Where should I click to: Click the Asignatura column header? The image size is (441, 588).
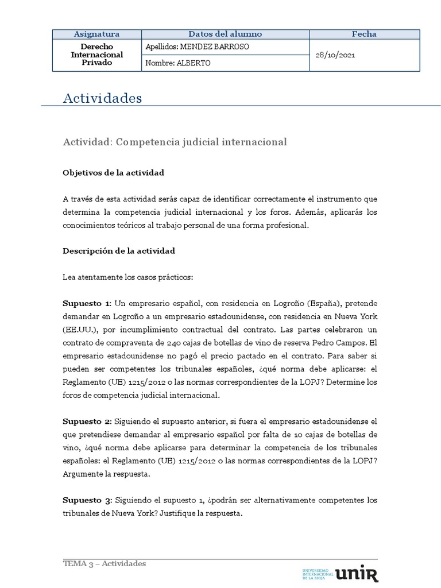pos(96,34)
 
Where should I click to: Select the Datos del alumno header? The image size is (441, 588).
pos(225,34)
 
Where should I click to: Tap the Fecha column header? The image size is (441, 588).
pos(364,34)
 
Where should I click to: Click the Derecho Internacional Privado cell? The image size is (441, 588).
pos(96,55)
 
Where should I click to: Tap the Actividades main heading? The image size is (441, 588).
pos(102,98)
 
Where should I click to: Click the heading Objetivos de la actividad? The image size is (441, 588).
pos(114,172)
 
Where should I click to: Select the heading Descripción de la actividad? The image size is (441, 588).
pos(119,251)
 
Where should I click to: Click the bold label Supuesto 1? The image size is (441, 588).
pos(87,303)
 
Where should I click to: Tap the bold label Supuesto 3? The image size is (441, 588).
pos(87,500)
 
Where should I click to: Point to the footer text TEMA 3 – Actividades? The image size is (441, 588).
pos(104,563)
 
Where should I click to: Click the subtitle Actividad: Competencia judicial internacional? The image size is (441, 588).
pos(175,141)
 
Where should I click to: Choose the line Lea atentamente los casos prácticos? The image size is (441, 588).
pos(128,277)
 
